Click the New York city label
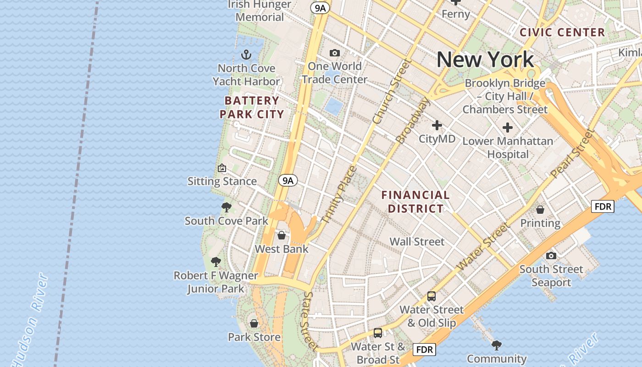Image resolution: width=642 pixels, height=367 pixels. [x=485, y=60]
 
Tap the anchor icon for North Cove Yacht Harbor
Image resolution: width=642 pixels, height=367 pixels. [x=247, y=55]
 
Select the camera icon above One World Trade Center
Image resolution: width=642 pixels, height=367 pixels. [x=335, y=53]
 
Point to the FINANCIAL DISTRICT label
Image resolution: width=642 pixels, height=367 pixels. [x=415, y=202]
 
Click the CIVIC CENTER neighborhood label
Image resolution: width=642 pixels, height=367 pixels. [x=562, y=32]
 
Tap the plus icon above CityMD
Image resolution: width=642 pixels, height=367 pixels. [x=437, y=125]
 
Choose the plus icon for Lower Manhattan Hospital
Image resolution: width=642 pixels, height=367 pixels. [x=507, y=128]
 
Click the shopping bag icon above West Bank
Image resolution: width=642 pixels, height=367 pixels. [x=282, y=235]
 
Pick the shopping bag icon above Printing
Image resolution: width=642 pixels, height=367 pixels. [x=540, y=210]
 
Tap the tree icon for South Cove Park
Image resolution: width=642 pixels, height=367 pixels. [x=226, y=207]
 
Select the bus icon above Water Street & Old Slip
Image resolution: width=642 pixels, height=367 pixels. [x=431, y=296]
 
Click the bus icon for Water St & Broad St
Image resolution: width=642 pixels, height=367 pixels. [x=377, y=333]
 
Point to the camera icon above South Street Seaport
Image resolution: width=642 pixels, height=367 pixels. [x=551, y=256]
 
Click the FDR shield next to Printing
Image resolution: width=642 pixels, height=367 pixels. [x=602, y=206]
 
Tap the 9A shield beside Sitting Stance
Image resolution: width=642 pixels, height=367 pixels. [x=288, y=181]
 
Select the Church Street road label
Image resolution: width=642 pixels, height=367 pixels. [x=392, y=92]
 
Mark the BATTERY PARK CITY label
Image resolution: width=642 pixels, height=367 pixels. [x=252, y=107]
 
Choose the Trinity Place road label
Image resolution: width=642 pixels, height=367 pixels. [x=339, y=195]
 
